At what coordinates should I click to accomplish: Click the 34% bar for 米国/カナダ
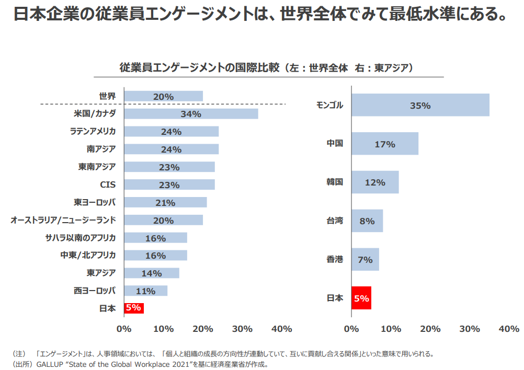(191, 114)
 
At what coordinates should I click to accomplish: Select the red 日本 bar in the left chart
(133, 308)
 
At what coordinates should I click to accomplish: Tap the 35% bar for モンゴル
(420, 105)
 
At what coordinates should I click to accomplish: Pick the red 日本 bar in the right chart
(361, 298)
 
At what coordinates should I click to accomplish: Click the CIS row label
(108, 184)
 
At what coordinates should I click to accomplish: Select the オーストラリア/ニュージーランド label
(63, 220)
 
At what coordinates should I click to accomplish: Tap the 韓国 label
(335, 182)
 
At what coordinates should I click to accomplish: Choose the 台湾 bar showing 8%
(367, 221)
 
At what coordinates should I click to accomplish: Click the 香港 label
(335, 259)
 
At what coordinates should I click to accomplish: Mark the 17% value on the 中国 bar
(385, 144)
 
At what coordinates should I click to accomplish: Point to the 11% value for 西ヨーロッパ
(145, 291)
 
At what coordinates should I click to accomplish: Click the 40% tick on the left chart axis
(282, 329)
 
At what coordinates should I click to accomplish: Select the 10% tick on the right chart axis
(391, 329)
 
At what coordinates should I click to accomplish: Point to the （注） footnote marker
(18, 354)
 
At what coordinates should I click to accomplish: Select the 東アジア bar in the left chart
(152, 273)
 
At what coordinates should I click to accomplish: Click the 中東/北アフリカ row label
(88, 255)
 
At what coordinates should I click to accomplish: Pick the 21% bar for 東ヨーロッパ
(165, 202)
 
